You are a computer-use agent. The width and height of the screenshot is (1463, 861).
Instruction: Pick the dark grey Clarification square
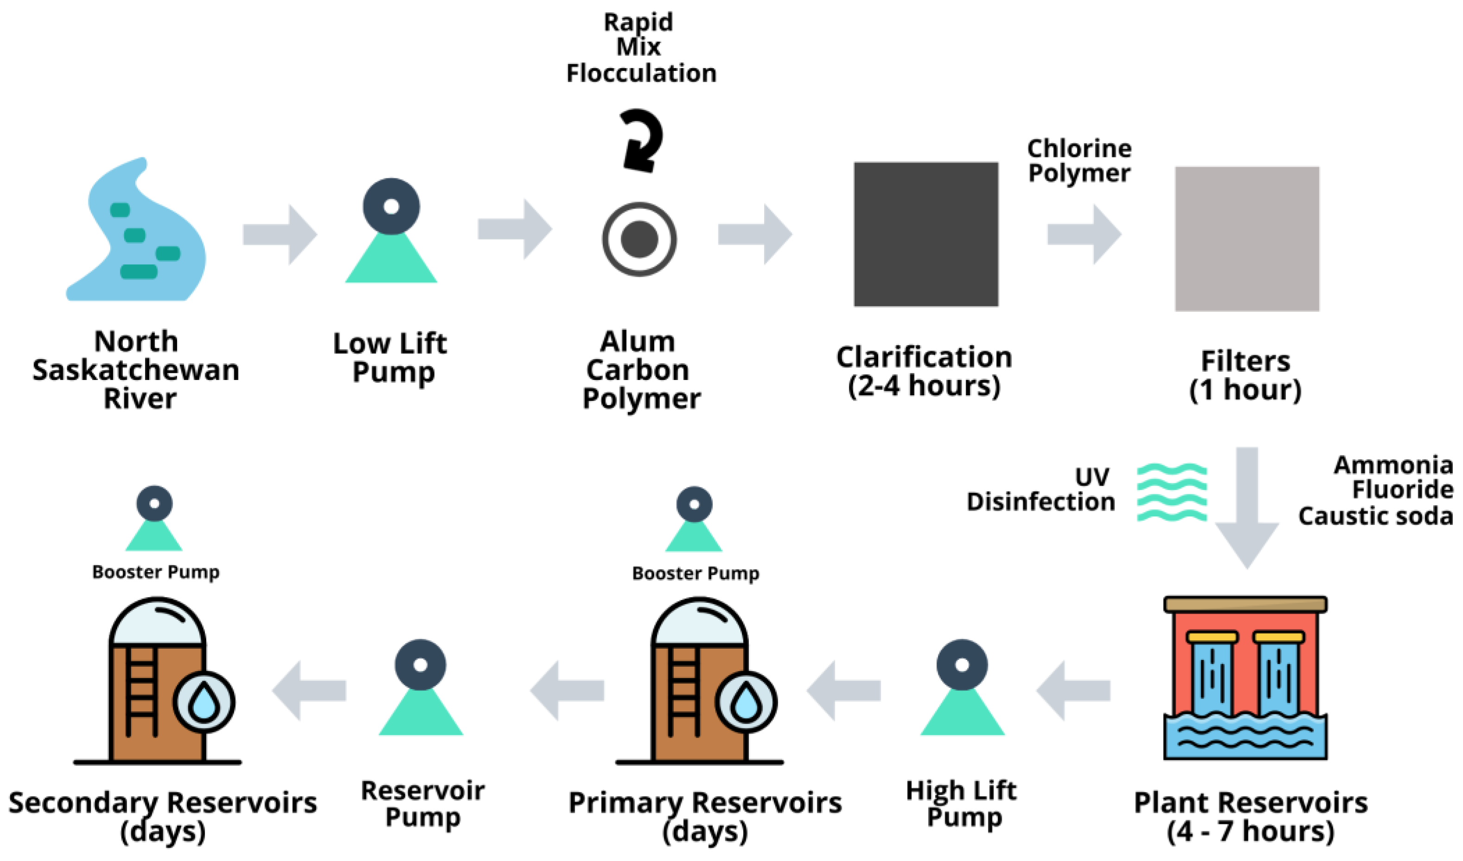click(x=926, y=234)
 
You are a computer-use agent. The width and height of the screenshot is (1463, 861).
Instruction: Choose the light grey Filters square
click(x=1248, y=239)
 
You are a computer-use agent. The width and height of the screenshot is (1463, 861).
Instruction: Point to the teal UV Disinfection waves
click(x=1172, y=492)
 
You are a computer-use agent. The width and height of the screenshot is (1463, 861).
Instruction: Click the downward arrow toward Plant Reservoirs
click(x=1247, y=507)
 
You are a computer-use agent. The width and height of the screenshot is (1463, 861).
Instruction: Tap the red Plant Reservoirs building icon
click(x=1245, y=677)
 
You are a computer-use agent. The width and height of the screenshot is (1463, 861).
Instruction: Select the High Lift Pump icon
click(x=963, y=687)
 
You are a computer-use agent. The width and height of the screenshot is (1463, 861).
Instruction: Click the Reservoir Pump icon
click(x=421, y=687)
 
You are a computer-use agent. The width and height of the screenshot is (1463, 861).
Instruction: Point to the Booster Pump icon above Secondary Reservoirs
click(x=154, y=518)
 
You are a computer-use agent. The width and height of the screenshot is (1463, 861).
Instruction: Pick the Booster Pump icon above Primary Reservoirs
click(x=694, y=519)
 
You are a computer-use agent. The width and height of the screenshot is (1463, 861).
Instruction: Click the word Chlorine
click(x=1079, y=149)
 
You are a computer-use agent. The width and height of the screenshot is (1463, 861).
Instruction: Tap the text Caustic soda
click(x=1376, y=516)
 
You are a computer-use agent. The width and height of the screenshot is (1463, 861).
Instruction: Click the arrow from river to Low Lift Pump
click(x=280, y=234)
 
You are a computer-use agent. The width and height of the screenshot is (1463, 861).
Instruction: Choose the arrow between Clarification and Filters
click(x=1084, y=234)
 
